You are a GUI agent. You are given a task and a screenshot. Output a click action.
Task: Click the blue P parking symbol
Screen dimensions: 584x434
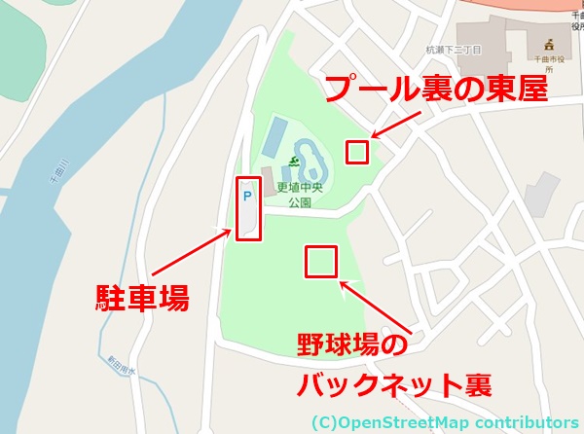246,196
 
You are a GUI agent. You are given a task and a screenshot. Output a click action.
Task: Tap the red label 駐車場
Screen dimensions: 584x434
142,297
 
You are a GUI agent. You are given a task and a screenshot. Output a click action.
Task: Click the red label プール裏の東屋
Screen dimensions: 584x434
435,90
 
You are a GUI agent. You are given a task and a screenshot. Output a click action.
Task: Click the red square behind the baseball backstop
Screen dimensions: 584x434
321,261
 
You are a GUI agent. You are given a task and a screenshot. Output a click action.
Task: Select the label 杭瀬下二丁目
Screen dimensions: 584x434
454,49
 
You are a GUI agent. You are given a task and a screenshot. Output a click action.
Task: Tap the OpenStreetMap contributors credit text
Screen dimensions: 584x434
446,422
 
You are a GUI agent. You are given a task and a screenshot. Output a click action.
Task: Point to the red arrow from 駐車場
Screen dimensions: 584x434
186,258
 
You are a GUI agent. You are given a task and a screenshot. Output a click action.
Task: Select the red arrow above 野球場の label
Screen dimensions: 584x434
374,306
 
